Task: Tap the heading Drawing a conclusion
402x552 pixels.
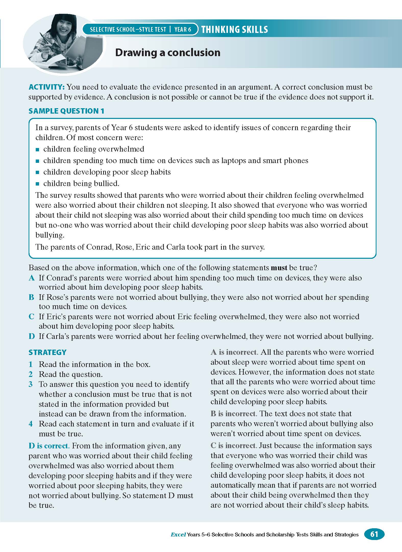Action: click(x=168, y=53)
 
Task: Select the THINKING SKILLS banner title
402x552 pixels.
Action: click(x=235, y=30)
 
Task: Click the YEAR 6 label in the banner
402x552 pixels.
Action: click(x=183, y=30)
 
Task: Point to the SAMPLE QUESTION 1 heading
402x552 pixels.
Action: click(x=66, y=111)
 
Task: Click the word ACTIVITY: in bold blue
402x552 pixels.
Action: click(x=47, y=87)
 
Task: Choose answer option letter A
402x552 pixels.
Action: click(x=32, y=278)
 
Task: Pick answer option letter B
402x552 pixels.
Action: click(x=31, y=297)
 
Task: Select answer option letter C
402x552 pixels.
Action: click(x=31, y=317)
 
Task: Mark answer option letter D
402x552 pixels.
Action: click(x=32, y=336)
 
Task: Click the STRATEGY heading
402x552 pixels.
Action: click(x=47, y=352)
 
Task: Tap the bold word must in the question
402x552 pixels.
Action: click(x=279, y=268)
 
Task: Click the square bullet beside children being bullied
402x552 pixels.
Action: click(x=38, y=184)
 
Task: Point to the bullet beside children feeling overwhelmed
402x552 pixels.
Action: click(x=38, y=149)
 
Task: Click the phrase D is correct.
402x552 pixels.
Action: click(x=49, y=446)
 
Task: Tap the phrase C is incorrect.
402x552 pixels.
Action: click(x=233, y=446)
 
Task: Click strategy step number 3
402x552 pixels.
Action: click(x=31, y=384)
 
